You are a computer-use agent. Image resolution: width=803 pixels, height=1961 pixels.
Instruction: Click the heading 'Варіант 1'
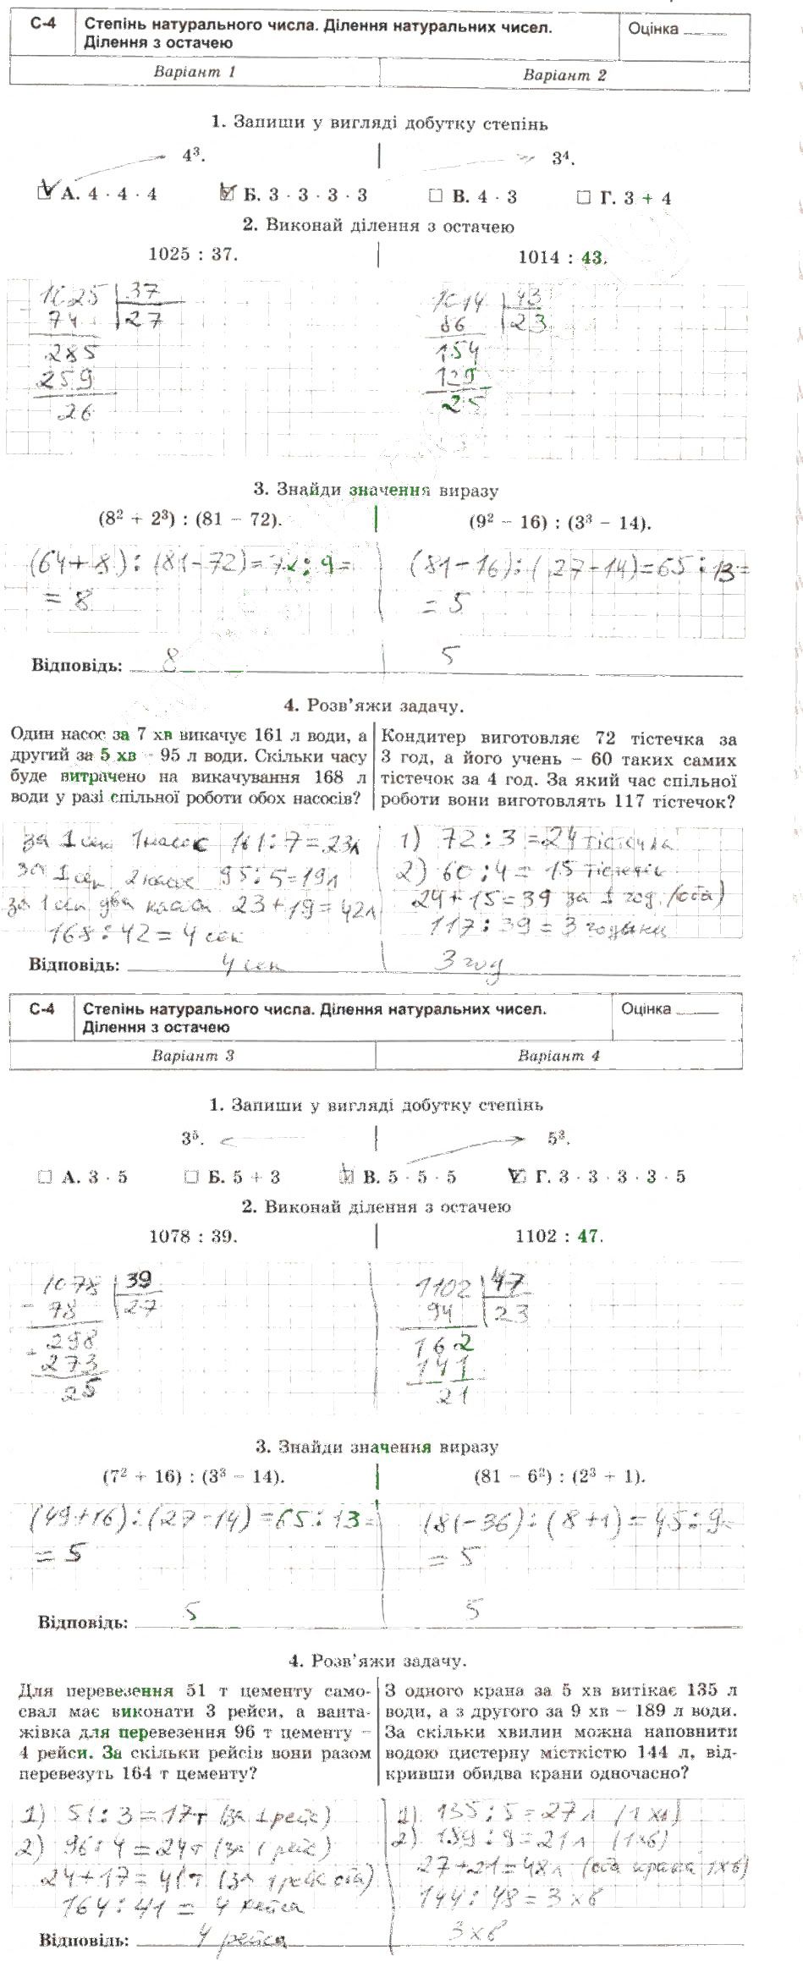coord(194,72)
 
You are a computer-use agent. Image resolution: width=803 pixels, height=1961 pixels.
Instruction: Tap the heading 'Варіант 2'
coord(564,74)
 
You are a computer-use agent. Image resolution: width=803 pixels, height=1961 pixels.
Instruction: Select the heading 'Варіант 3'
coord(193,1055)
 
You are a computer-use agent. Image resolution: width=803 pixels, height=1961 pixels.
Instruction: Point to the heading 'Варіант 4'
coord(558,1056)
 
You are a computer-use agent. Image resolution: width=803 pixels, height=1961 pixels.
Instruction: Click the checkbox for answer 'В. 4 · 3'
coord(436,196)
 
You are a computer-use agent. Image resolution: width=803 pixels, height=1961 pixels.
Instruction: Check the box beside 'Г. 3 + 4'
coord(583,198)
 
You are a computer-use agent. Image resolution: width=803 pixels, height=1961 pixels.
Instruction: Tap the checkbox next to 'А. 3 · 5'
coord(45,1177)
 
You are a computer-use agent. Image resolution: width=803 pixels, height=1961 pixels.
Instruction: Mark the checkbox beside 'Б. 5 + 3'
coord(191,1177)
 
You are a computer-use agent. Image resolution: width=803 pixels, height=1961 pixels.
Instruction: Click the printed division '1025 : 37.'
coord(193,254)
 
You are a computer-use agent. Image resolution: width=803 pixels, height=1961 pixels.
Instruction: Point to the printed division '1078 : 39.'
coord(193,1236)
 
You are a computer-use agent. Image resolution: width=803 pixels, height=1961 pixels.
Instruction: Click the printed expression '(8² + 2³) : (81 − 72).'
coord(190,519)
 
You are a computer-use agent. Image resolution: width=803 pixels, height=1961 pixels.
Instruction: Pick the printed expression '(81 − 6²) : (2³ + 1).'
coord(559,1476)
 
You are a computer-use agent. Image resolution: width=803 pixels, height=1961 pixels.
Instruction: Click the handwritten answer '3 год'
coord(468,962)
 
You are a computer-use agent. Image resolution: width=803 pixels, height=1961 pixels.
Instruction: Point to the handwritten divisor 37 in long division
coord(145,292)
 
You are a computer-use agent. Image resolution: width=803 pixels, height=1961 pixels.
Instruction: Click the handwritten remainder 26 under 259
coord(74,412)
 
